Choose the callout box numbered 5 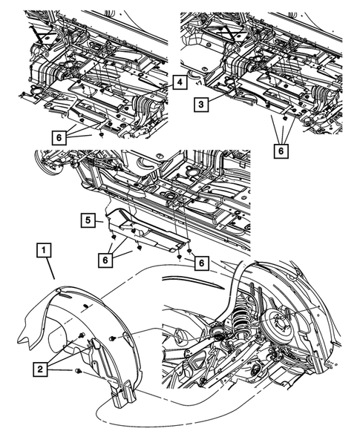(88, 220)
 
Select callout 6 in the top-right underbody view (280, 150)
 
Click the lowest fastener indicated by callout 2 (77, 370)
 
